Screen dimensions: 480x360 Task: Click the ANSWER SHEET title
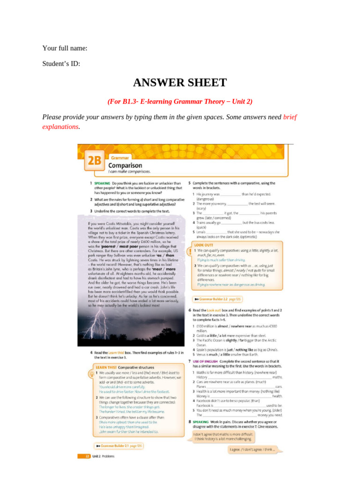pyautogui.click(x=180, y=83)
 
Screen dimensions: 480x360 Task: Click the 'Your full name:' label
pyautogui.click(x=65, y=48)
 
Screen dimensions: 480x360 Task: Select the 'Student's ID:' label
pyautogui.click(x=61, y=64)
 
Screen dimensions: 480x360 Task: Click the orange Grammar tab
pyautogui.click(x=120, y=158)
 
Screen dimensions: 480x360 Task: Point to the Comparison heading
pyautogui.click(x=125, y=165)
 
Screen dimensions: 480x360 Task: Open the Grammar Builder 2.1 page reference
pyautogui.click(x=119, y=445)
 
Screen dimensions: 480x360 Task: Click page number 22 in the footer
pyautogui.click(x=81, y=456)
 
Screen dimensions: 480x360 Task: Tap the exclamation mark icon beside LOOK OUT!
pyautogui.click(x=189, y=252)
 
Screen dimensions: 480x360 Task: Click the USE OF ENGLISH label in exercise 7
pyautogui.click(x=205, y=361)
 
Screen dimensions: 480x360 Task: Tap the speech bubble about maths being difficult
pyautogui.click(x=223, y=436)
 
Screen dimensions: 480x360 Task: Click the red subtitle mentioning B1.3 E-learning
pyautogui.click(x=180, y=102)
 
